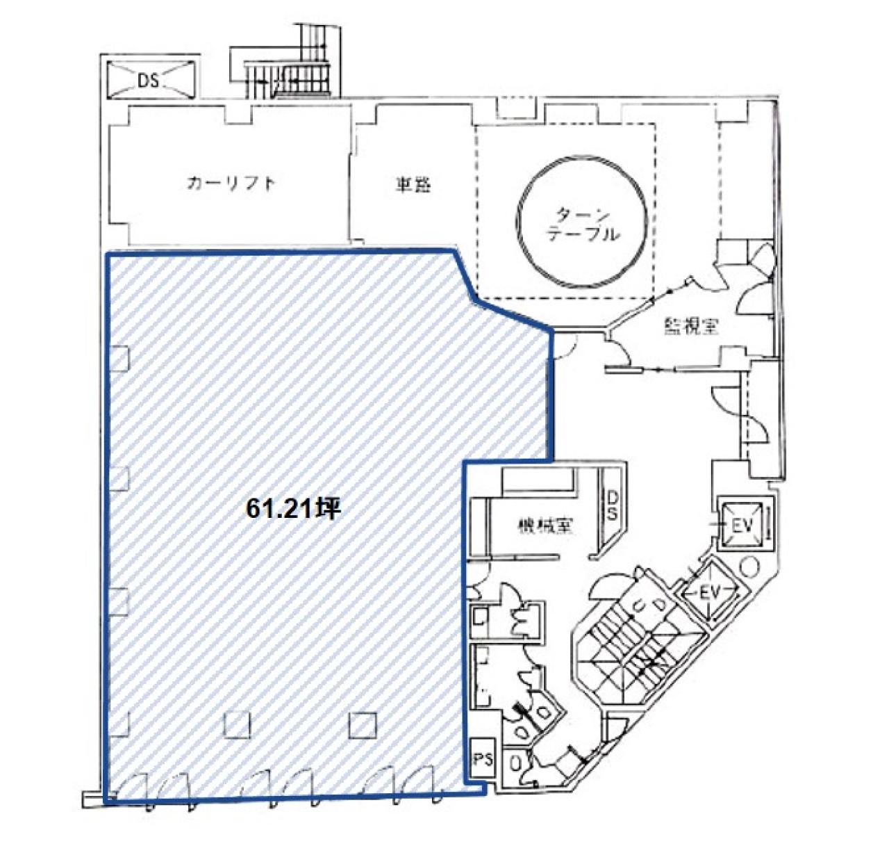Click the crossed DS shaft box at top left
tap(149, 79)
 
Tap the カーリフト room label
tap(231, 184)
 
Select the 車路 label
tap(413, 184)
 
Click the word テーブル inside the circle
tap(583, 234)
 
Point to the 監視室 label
tap(691, 325)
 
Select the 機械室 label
tap(545, 526)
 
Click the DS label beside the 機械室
tap(613, 505)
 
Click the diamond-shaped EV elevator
tap(708, 593)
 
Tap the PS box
tap(483, 758)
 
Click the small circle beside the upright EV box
tap(749, 567)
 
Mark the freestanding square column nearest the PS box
tap(363, 725)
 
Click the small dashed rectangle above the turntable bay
tap(515, 107)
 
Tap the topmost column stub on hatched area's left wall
tap(119, 358)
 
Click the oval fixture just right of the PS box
tap(515, 763)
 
